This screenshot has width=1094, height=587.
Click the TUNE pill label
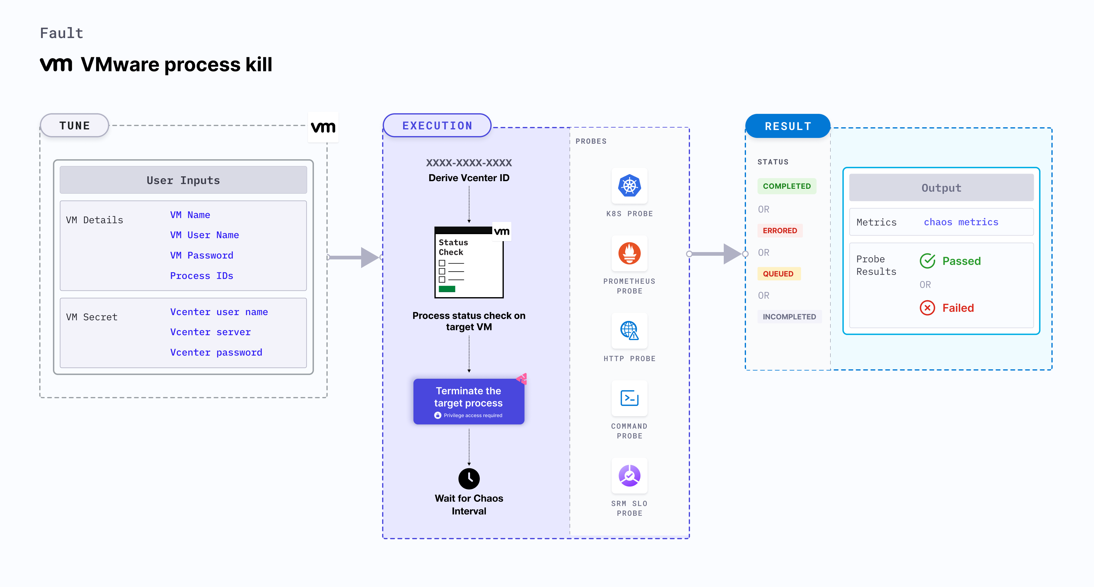pyautogui.click(x=75, y=125)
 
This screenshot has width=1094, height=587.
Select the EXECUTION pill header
pyautogui.click(x=437, y=125)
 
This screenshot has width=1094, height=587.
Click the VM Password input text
pyautogui.click(x=201, y=255)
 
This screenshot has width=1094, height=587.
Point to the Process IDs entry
pyautogui.click(x=201, y=276)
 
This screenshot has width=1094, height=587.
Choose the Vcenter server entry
pyautogui.click(x=210, y=332)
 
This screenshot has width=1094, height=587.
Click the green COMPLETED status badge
pyautogui.click(x=786, y=186)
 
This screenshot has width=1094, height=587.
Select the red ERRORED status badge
pyautogui.click(x=780, y=230)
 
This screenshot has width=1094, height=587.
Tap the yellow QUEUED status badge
pyautogui.click(x=778, y=274)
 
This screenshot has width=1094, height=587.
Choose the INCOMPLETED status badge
pyautogui.click(x=789, y=317)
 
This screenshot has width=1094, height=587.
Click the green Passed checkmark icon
pyautogui.click(x=927, y=261)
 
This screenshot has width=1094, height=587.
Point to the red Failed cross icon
pyautogui.click(x=927, y=308)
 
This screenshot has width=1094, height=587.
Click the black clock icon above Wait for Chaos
pyautogui.click(x=469, y=479)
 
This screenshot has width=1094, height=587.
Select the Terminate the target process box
pyautogui.click(x=469, y=401)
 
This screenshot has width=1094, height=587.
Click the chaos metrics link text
pyautogui.click(x=961, y=222)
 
